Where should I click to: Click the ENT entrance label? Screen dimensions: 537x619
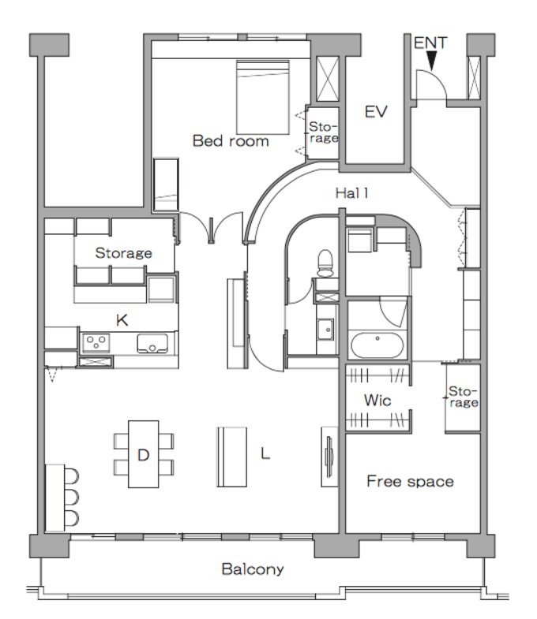click(430, 43)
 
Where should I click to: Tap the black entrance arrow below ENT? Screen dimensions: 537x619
click(432, 62)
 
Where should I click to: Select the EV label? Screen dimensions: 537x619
click(376, 112)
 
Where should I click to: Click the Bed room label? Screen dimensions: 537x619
click(231, 141)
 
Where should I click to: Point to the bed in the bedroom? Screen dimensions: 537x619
click(263, 97)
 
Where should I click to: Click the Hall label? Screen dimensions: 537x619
click(351, 193)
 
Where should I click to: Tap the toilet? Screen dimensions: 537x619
click(325, 263)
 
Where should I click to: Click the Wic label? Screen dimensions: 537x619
click(377, 401)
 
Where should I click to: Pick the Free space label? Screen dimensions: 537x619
click(410, 482)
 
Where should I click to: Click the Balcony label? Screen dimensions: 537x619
click(253, 569)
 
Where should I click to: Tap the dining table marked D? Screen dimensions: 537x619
click(144, 454)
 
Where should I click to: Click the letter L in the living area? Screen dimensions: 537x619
click(265, 453)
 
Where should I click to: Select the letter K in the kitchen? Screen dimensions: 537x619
click(122, 320)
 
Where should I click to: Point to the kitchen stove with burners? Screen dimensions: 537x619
click(96, 343)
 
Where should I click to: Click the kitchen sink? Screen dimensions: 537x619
click(152, 343)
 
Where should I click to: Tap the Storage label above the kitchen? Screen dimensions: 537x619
click(124, 253)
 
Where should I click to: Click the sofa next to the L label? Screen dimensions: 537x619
click(232, 457)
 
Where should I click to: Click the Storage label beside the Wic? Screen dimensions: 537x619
click(463, 397)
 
